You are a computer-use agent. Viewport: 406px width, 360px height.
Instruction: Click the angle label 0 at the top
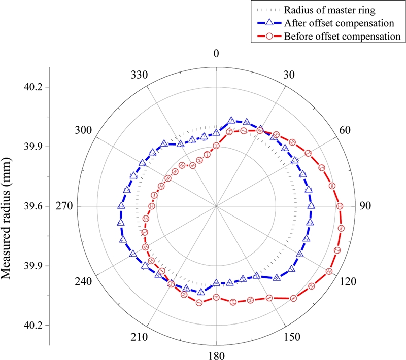(x=217, y=54)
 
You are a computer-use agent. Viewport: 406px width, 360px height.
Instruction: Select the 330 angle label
(x=139, y=75)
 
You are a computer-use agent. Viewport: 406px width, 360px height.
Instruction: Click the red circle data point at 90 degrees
(x=340, y=206)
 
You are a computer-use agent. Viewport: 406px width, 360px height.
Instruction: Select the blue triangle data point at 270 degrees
(x=121, y=206)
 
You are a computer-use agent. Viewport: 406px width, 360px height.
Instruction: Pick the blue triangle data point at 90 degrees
(x=312, y=206)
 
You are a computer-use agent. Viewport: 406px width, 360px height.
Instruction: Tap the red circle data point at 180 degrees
(x=216, y=297)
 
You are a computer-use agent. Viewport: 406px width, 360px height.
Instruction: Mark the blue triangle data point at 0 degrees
(x=217, y=133)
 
